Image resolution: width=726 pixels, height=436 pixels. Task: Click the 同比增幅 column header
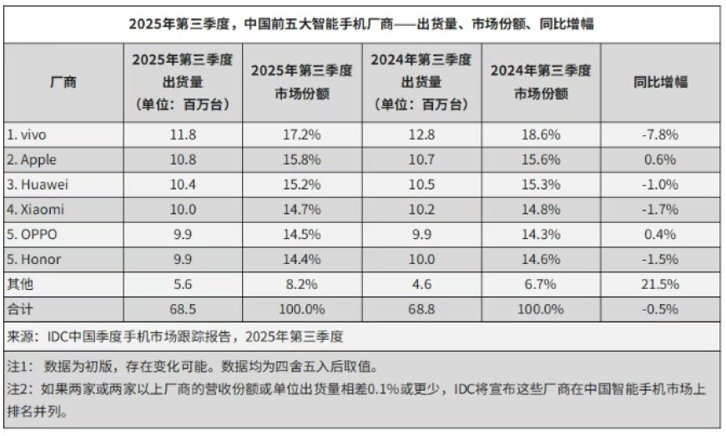(x=661, y=82)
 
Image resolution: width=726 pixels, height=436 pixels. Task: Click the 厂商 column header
(x=63, y=82)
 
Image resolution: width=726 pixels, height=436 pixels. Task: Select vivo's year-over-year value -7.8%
(x=661, y=134)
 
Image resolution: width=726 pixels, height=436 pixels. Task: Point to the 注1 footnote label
(x=20, y=367)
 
